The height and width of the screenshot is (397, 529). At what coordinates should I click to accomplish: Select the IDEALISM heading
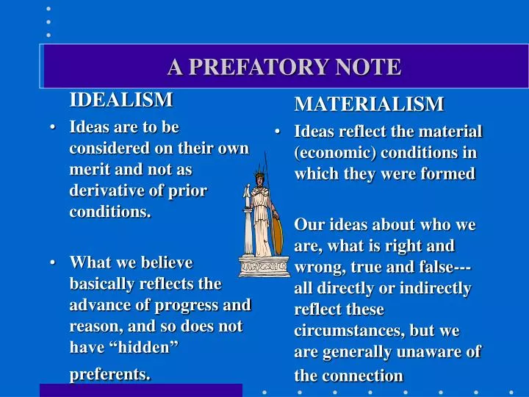121,99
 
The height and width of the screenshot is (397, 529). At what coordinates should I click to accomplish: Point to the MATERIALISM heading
369,104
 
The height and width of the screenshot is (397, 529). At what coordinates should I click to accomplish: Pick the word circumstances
345,331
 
